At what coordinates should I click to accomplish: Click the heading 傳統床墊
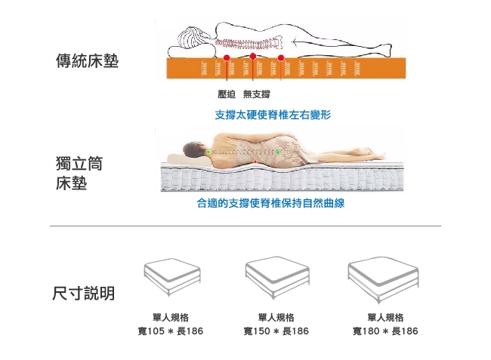tap(88, 60)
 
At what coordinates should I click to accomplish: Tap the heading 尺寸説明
tap(84, 293)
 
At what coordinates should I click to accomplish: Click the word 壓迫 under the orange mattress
tap(227, 94)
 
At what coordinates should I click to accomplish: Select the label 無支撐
tap(257, 94)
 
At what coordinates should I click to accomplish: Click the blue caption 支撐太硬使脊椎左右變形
tap(273, 115)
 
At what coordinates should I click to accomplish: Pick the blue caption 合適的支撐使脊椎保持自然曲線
tap(270, 203)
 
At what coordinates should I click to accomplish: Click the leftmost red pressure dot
tap(227, 58)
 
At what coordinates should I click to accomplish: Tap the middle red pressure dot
tap(253, 57)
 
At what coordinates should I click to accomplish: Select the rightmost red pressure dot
tap(281, 58)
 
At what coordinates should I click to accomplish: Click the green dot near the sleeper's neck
tap(208, 152)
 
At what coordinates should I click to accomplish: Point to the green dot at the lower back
tap(277, 152)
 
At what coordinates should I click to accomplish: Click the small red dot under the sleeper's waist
tap(255, 162)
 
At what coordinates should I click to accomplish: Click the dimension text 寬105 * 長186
tap(171, 331)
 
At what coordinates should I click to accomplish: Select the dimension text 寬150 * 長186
tap(276, 331)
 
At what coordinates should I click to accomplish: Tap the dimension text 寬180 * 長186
tap(385, 331)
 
